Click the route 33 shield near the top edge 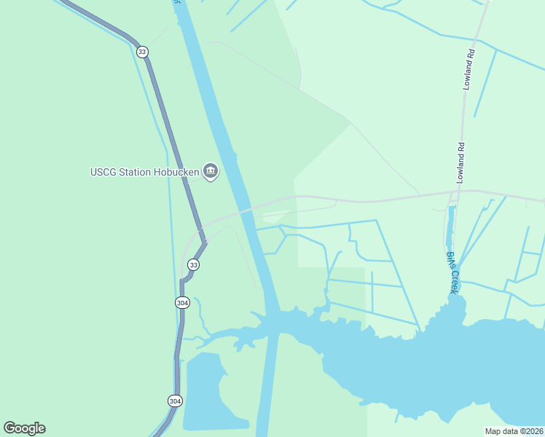coord(142,52)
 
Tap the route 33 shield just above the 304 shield coord(193,264)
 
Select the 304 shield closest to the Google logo coord(175,401)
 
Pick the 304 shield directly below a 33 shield coord(182,302)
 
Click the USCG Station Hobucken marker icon coord(211,172)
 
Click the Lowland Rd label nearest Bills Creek coord(461,163)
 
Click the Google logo coord(24,428)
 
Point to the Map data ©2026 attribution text coord(514,430)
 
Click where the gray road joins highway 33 coord(203,238)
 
